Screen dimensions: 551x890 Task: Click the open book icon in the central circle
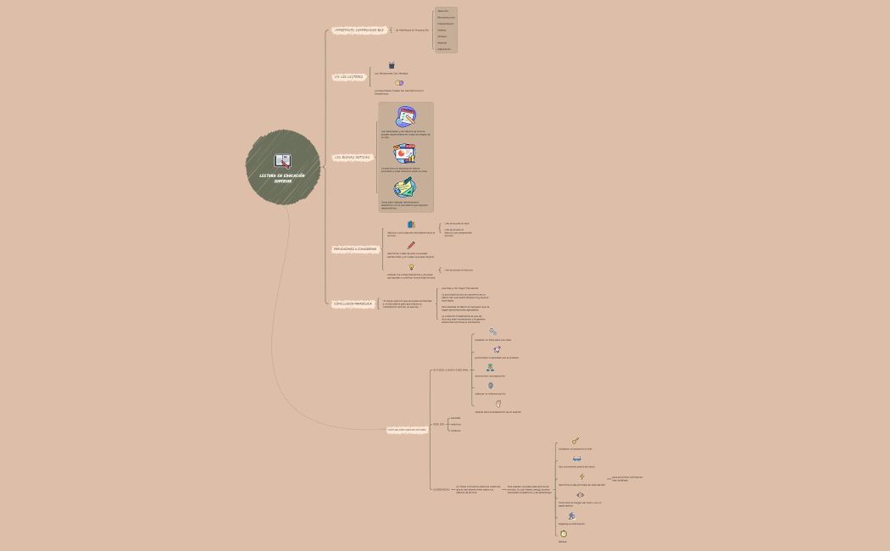pyautogui.click(x=283, y=160)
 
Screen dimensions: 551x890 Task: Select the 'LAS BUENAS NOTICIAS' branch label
pyautogui.click(x=352, y=158)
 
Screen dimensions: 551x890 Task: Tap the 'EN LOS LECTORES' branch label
pyautogui.click(x=348, y=76)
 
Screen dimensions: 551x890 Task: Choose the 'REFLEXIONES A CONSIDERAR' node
pyautogui.click(x=355, y=249)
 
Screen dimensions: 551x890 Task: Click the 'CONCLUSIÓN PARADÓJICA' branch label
pyautogui.click(x=353, y=303)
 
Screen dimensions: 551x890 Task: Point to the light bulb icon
pyautogui.click(x=411, y=267)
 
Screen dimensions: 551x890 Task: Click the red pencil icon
pyautogui.click(x=411, y=246)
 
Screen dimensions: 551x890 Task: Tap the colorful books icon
pyautogui.click(x=411, y=225)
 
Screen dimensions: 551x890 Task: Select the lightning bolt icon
pyautogui.click(x=581, y=476)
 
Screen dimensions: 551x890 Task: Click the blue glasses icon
pyautogui.click(x=576, y=459)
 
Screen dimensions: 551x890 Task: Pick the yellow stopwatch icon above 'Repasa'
pyautogui.click(x=563, y=533)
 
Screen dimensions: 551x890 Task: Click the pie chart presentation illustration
pyautogui.click(x=404, y=153)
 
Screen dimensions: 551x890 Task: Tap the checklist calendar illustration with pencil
pyautogui.click(x=405, y=118)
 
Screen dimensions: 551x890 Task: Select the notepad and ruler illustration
pyautogui.click(x=404, y=188)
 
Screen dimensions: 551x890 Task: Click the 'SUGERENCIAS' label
pyautogui.click(x=441, y=489)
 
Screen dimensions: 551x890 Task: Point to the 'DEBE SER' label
pyautogui.click(x=438, y=424)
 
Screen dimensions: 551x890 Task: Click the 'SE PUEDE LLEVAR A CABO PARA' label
pyautogui.click(x=450, y=370)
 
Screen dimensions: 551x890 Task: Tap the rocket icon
pyautogui.click(x=497, y=349)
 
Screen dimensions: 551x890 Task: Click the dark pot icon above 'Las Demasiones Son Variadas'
pyautogui.click(x=392, y=65)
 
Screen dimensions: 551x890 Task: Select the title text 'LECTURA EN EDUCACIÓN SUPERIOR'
pyautogui.click(x=282, y=178)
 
